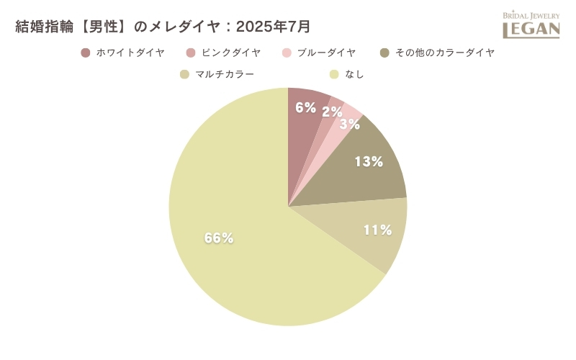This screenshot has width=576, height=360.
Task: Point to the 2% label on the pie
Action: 332,112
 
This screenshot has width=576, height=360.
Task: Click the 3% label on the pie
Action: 350,124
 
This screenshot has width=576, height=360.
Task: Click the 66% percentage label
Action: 219,238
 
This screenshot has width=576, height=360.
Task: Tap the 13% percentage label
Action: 369,162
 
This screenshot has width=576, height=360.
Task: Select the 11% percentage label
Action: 377,230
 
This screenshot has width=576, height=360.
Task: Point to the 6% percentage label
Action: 306,108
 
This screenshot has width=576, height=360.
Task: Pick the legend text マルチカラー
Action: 225,74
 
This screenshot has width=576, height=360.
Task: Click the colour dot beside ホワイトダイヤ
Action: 86,53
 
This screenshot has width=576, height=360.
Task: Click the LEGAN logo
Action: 531,25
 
